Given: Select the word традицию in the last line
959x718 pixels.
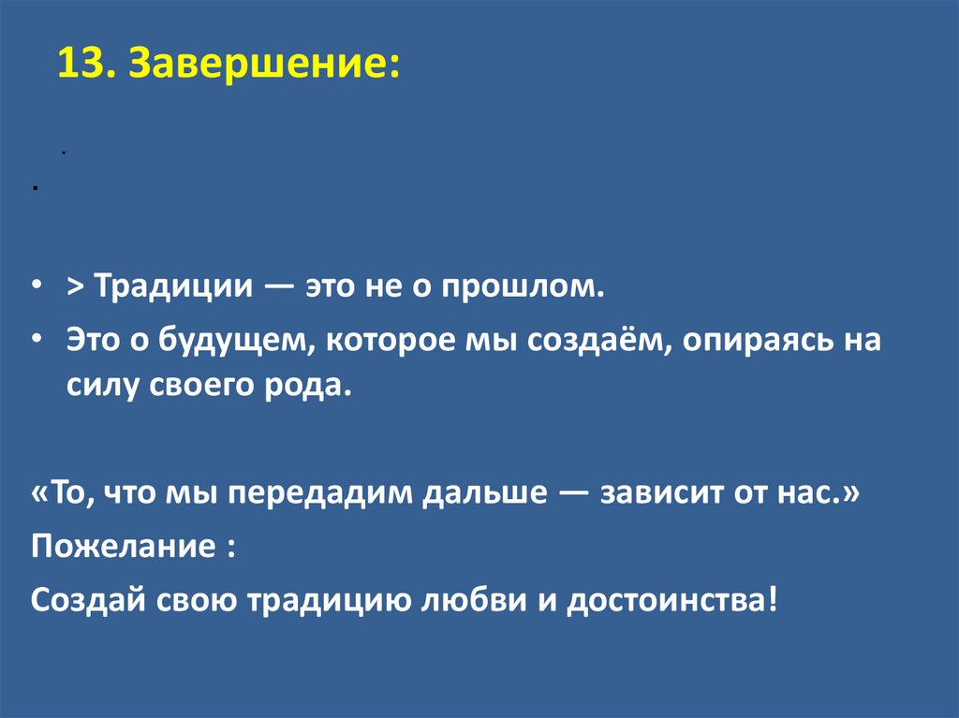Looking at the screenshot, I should click(x=327, y=599).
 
